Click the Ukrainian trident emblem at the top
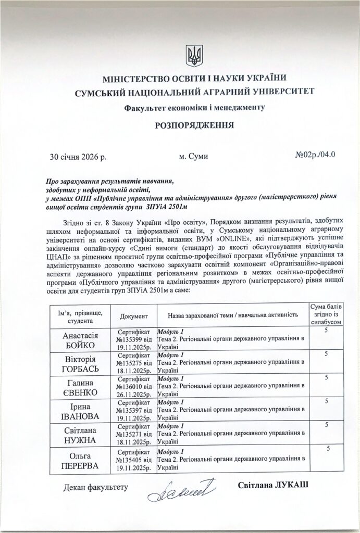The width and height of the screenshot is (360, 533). (194, 56)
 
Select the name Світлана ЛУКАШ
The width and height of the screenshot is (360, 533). (272, 485)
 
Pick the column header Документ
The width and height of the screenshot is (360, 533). (134, 316)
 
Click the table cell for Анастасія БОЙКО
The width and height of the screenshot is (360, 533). (80, 340)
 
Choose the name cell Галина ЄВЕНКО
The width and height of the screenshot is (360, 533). (80, 387)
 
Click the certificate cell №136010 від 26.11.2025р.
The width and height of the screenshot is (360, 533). (134, 387)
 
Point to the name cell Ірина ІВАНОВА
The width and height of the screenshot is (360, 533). (80, 411)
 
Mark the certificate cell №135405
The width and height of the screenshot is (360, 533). (134, 459)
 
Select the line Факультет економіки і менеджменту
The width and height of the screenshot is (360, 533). (194, 108)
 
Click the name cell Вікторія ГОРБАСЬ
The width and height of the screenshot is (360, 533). (80, 364)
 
